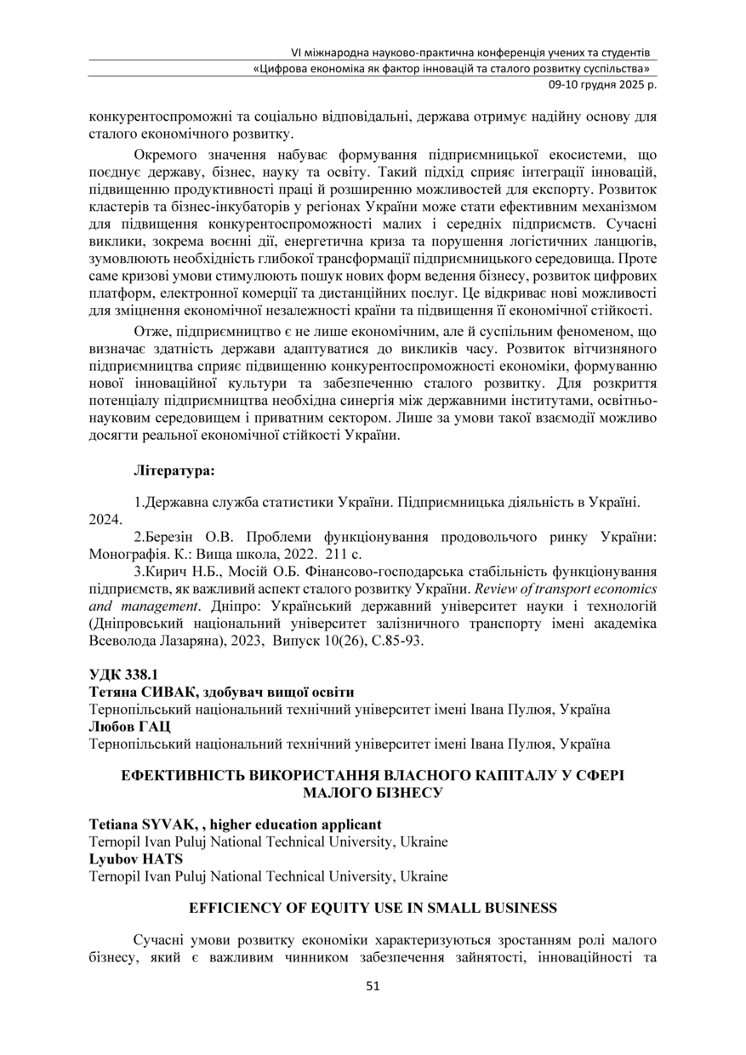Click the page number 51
click(373, 986)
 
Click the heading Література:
click(174, 469)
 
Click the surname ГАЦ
click(153, 726)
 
